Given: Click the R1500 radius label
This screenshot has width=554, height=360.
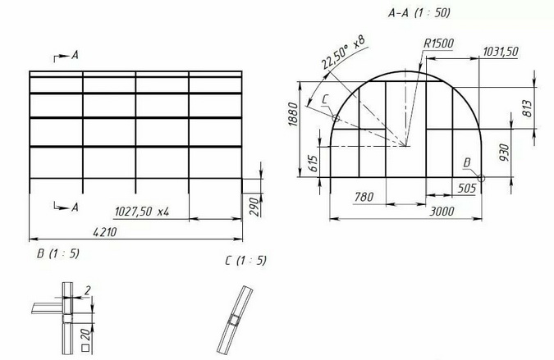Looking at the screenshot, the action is point(438,43).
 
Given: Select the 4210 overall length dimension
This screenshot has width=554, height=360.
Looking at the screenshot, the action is point(104,232).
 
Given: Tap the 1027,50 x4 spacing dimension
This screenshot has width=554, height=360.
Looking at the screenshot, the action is point(142,212).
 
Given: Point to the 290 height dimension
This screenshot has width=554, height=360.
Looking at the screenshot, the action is point(254,207).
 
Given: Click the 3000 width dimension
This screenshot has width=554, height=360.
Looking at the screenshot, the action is point(442,212).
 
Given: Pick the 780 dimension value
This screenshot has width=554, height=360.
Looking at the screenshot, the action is point(364,196).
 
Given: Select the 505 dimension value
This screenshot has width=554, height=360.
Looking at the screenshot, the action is point(467,188).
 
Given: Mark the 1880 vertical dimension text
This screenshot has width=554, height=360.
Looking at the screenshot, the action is point(293,114).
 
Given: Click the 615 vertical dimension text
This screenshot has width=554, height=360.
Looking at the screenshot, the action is point(313,164).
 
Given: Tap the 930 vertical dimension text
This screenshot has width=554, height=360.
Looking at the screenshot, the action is point(505,153).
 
